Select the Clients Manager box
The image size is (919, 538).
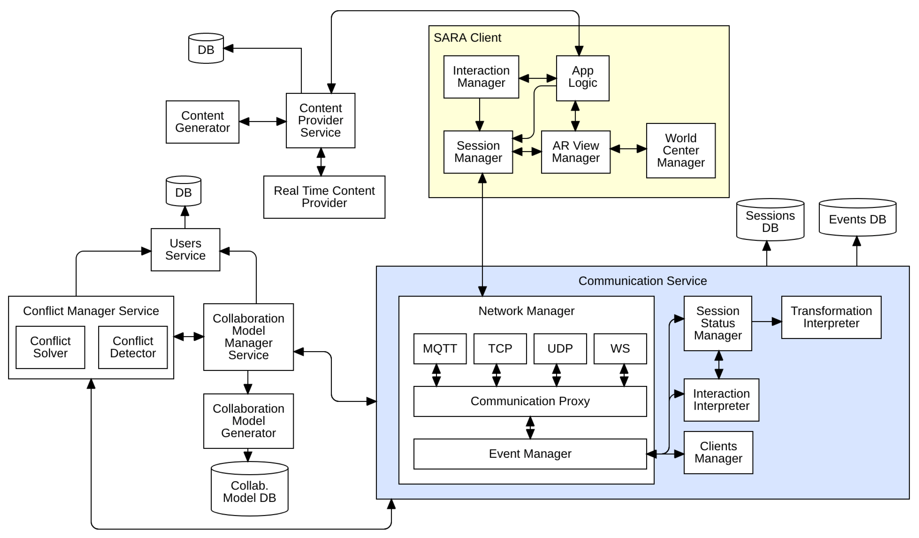pyautogui.click(x=718, y=452)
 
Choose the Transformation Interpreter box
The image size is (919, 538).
pyautogui.click(x=831, y=317)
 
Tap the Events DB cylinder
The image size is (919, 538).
pyautogui.click(x=857, y=219)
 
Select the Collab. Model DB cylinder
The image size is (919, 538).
pyautogui.click(x=249, y=491)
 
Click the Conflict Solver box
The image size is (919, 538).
pyautogui.click(x=50, y=347)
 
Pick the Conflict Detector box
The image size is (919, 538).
pyautogui.click(x=133, y=347)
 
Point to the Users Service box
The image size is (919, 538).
pyautogui.click(x=185, y=250)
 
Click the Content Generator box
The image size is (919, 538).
pyautogui.click(x=202, y=122)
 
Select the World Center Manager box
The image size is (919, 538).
pyautogui.click(x=680, y=151)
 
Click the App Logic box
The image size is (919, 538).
pyautogui.click(x=583, y=78)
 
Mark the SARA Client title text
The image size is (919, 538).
pyautogui.click(x=467, y=38)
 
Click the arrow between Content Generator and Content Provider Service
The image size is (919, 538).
pyautogui.click(x=263, y=122)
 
